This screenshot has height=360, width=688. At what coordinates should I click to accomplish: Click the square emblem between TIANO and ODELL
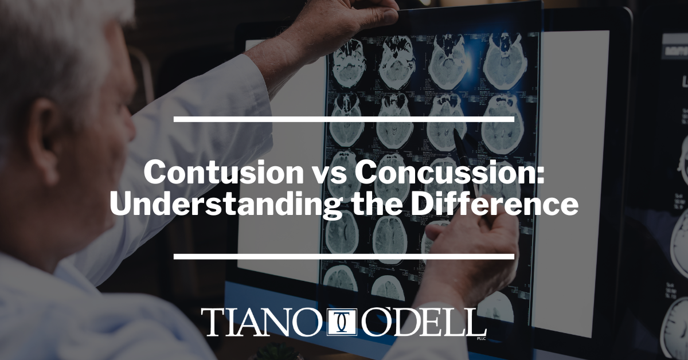tap(342, 323)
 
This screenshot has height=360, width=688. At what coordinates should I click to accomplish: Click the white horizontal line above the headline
tap(343, 119)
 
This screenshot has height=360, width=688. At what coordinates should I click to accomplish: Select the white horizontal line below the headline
tap(343, 256)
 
